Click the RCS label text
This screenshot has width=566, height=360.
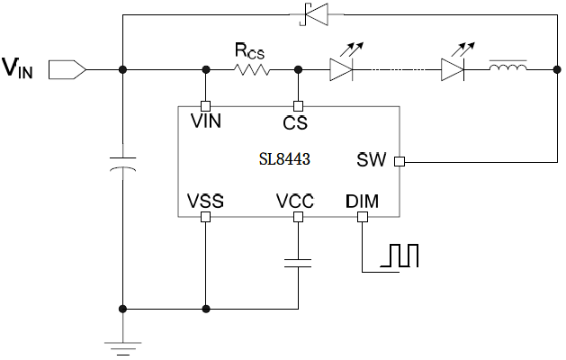coord(249,49)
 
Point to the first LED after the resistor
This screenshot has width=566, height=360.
coord(343,68)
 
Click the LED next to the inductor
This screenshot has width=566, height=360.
coord(454,68)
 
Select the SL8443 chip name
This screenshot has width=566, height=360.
coord(284,159)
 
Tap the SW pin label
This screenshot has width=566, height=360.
coord(371,161)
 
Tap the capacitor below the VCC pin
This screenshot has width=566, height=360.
coord(297,263)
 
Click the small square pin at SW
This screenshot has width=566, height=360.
coord(400,162)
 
